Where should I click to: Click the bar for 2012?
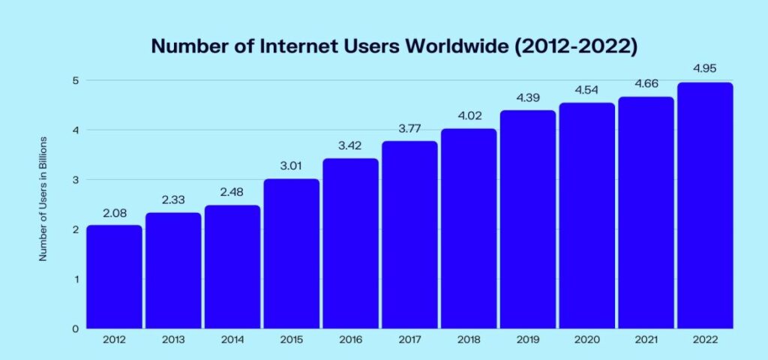[x=114, y=277]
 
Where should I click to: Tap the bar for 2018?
[x=468, y=229]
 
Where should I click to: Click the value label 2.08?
[x=114, y=214]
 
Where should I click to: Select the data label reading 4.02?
[x=468, y=117]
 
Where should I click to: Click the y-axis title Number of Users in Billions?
[x=43, y=199]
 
